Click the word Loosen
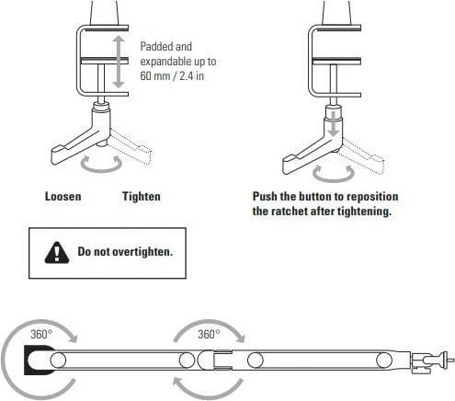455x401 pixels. [63, 197]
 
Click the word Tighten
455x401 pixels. [142, 197]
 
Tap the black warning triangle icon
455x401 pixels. [57, 253]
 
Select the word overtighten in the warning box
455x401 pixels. [142, 252]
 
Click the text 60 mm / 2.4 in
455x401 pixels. [172, 75]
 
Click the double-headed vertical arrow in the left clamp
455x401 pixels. [119, 62]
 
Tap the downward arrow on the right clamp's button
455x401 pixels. [333, 124]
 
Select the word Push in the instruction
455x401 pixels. [265, 197]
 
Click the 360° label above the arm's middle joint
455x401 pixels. [209, 334]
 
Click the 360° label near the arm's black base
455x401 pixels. [41, 334]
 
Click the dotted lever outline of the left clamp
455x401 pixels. [131, 145]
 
